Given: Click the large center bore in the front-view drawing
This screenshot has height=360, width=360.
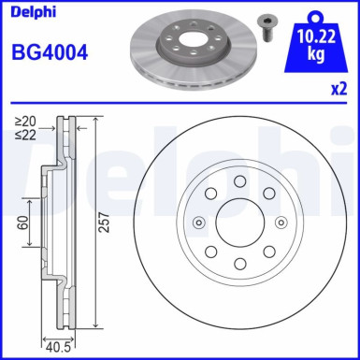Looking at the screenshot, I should coord(239,222).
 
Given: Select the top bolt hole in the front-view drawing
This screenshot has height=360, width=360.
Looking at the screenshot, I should coord(239,180).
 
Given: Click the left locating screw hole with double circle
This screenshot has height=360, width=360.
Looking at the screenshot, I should coord(198,222).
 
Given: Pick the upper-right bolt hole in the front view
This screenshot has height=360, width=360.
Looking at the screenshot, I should coord(268,193).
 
